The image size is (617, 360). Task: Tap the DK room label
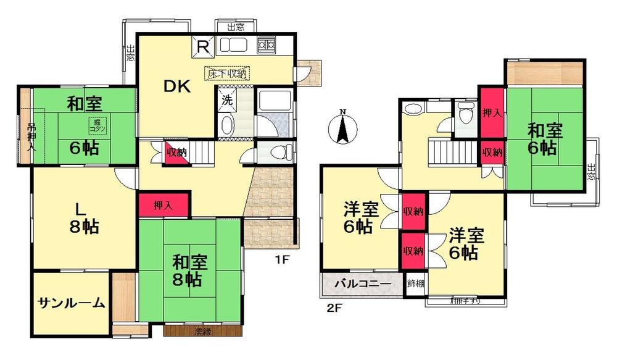pyautogui.click(x=177, y=87)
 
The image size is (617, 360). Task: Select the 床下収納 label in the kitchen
pyautogui.click(x=226, y=72)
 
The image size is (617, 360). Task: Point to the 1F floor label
pyautogui.click(x=282, y=259)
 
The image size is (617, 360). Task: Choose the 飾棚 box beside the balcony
pyautogui.click(x=416, y=285)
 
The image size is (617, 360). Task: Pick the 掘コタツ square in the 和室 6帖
pyautogui.click(x=97, y=125)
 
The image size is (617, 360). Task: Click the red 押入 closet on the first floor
pyautogui.click(x=163, y=205)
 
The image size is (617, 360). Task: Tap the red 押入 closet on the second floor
pyautogui.click(x=492, y=114)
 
